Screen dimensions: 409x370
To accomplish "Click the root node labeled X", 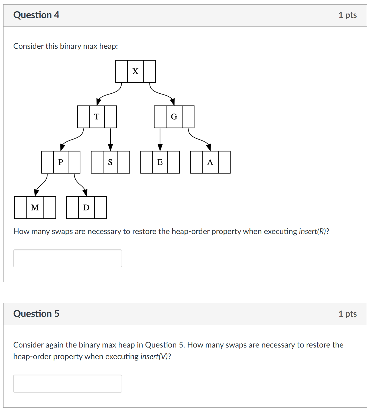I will pos(135,72).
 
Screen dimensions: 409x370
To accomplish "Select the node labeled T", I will pos(97,117).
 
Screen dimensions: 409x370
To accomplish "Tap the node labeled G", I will pos(174,117).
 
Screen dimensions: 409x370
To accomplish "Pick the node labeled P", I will pos(61,162).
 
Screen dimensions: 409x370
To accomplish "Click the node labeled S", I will pos(110,162).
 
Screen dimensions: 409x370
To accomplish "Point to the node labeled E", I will pos(160,162).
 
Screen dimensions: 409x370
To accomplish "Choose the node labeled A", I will pos(210,162).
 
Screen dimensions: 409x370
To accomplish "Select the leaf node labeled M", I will pos(35,208).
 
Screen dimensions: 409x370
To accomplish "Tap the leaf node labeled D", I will pos(86,208).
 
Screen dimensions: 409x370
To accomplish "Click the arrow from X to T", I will pos(110,94).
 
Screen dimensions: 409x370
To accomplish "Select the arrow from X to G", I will pos(162,94).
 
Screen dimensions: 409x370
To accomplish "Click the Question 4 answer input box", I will pos(67,258).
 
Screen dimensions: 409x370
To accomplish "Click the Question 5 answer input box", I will pos(67,384).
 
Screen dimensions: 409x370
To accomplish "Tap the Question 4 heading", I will pos(36,15).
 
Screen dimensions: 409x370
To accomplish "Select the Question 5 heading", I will pos(36,314).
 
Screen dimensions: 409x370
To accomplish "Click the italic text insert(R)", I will pos(312,231).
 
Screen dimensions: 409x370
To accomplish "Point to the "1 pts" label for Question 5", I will pos(348,314).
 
